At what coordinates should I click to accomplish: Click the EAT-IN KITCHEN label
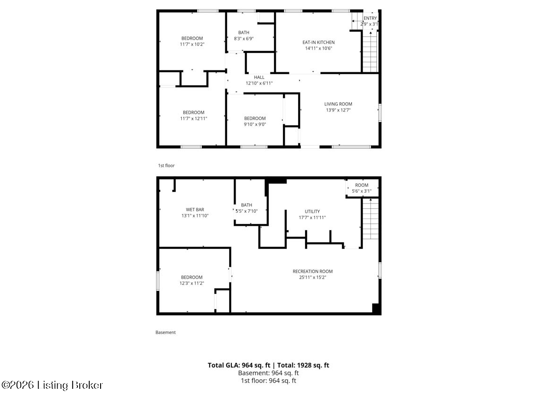[x=319, y=42]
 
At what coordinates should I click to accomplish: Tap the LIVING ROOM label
[x=338, y=104]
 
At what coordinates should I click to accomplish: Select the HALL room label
[x=259, y=77]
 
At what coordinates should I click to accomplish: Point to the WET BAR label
[x=195, y=209]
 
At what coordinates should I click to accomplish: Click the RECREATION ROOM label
[x=312, y=271]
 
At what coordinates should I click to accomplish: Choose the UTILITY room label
[x=312, y=211]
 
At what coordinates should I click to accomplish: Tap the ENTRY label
[x=370, y=18]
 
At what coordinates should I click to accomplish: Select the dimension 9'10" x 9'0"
[x=255, y=124]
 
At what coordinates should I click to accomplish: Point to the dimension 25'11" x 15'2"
[x=312, y=277]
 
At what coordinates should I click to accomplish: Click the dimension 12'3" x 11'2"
[x=191, y=283]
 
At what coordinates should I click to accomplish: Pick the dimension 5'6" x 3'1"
[x=362, y=191]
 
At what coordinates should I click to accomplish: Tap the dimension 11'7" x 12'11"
[x=193, y=119]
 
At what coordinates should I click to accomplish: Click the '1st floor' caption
[x=166, y=166]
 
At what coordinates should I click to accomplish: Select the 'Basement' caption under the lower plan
[x=165, y=333]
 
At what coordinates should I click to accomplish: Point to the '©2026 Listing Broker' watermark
[x=52, y=385]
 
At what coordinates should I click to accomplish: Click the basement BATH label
[x=246, y=205]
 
